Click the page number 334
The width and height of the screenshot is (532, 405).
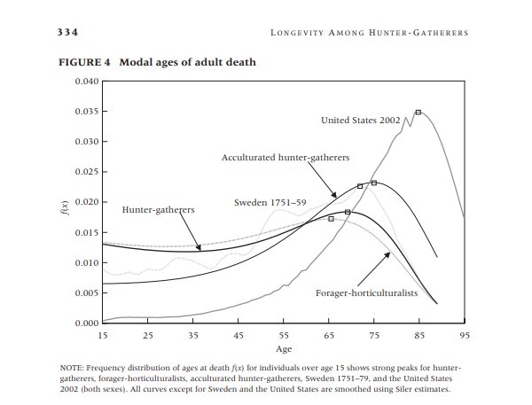(67, 32)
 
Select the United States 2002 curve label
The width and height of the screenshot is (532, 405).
(361, 121)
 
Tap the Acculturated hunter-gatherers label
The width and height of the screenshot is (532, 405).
(286, 158)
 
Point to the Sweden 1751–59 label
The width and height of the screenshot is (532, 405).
(270, 203)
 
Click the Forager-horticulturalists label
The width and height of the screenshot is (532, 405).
(366, 293)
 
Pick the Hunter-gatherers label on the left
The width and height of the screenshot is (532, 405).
(158, 210)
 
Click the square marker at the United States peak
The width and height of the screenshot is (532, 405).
(419, 113)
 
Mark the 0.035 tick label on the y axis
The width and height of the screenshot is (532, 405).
(87, 112)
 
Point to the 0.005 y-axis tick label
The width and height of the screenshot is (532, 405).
(87, 293)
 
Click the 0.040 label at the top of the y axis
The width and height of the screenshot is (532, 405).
(87, 82)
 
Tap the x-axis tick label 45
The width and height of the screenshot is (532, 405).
(239, 336)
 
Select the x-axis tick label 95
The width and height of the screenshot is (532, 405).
(465, 336)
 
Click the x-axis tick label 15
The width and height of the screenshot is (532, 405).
(103, 336)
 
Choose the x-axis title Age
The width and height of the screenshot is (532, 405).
(284, 349)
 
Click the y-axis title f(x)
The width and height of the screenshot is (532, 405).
(66, 208)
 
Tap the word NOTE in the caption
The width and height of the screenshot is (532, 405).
(71, 369)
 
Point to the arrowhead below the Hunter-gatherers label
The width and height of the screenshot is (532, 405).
(199, 247)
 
